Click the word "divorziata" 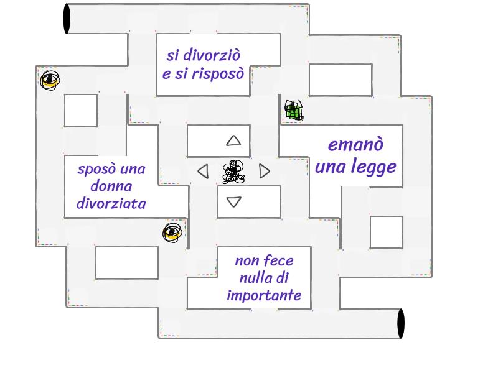tap(111, 203)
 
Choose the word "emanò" tap(355, 145)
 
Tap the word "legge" tap(373, 167)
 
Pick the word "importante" tap(264, 295)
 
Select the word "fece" tap(280, 261)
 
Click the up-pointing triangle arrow tap(233, 140)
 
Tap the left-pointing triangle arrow tap(203, 171)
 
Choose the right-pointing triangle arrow tap(265, 171)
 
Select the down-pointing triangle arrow tap(233, 201)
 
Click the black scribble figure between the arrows tap(233, 172)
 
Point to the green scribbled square tap(293, 111)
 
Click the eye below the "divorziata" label tap(172, 233)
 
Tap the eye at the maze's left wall tap(50, 80)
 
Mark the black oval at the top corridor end tap(67, 19)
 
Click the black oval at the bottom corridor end tap(400, 323)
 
